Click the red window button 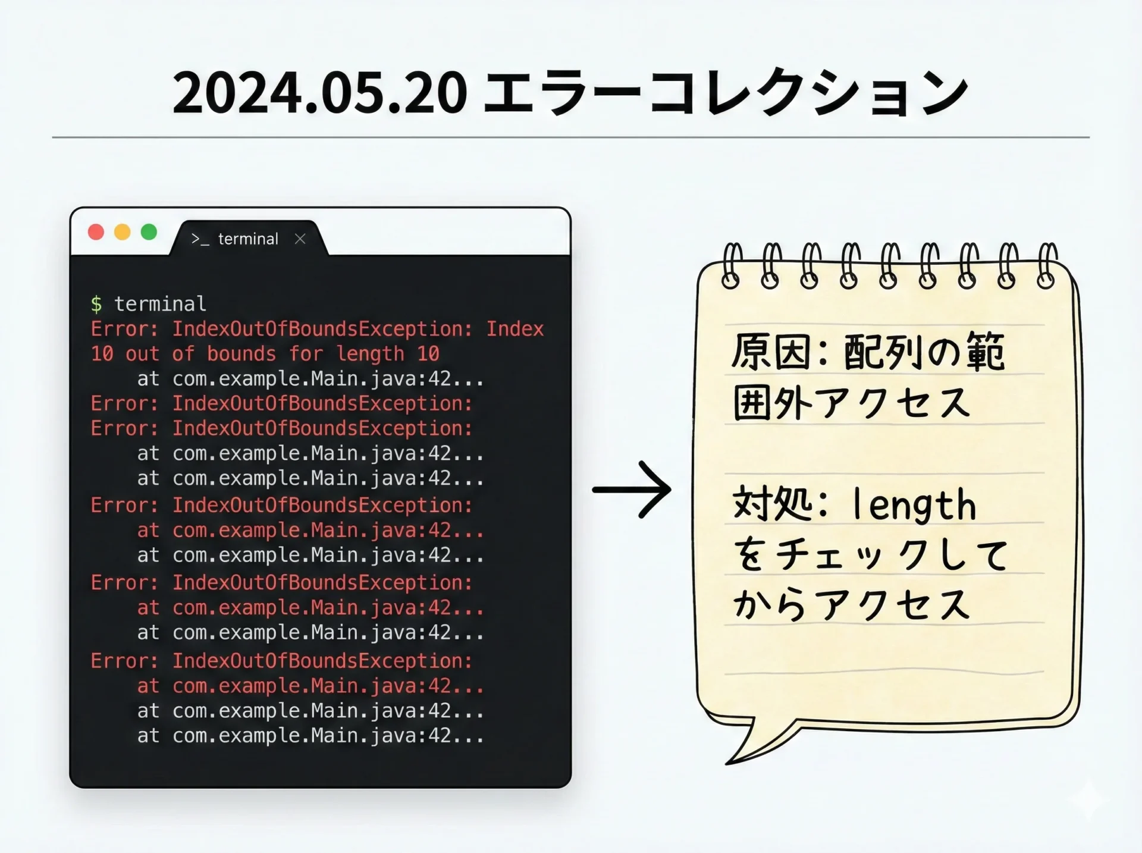(96, 232)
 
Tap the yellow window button (123, 232)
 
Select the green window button (149, 232)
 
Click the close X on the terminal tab (300, 239)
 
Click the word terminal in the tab (248, 239)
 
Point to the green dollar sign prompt (96, 305)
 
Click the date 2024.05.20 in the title (319, 92)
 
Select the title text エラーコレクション (726, 92)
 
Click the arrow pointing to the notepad (632, 490)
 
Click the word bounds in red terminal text (241, 354)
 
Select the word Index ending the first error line (515, 329)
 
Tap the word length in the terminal (370, 354)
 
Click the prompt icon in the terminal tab (200, 239)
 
